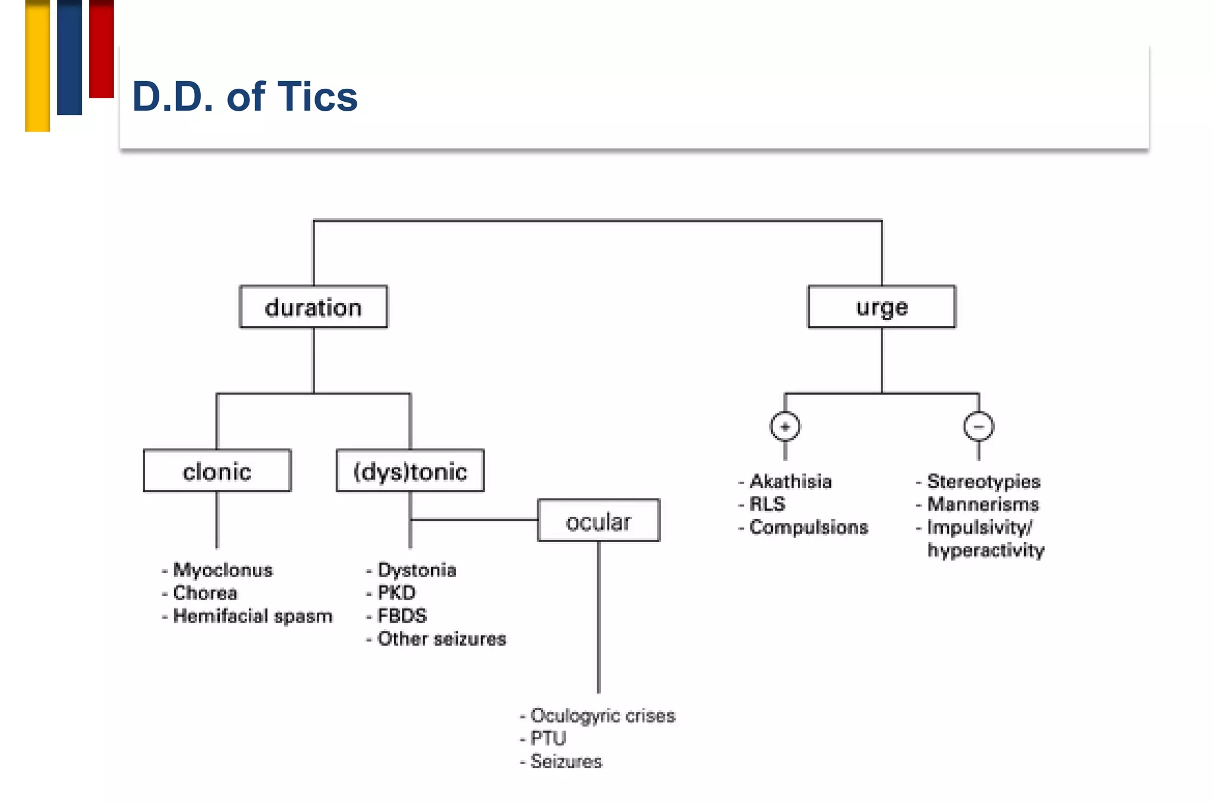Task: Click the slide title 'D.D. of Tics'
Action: (245, 96)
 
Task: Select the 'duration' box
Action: (313, 307)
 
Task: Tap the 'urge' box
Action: (881, 307)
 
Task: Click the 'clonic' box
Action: (217, 471)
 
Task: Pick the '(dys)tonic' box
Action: (410, 471)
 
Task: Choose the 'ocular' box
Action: (598, 521)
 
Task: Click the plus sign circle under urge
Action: (785, 427)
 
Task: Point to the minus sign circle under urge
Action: (978, 427)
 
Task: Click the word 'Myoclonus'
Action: (223, 570)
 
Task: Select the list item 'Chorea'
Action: (205, 593)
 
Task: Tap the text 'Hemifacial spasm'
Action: (252, 616)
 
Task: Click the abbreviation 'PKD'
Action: (396, 593)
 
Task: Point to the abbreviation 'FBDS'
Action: (402, 616)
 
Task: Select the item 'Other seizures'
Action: (442, 639)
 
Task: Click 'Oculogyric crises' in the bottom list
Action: (602, 716)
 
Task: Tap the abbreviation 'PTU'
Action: (548, 739)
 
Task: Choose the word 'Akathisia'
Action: (791, 482)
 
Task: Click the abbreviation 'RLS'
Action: (767, 504)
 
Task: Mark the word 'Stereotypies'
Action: (983, 482)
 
